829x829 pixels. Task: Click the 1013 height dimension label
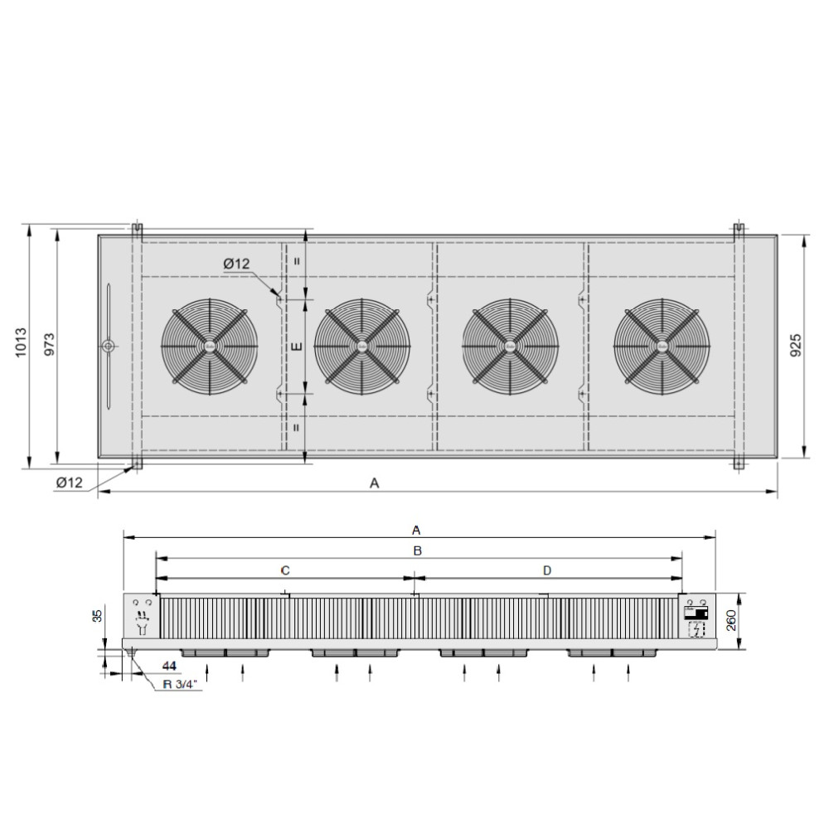tap(21, 342)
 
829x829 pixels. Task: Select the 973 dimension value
tap(49, 344)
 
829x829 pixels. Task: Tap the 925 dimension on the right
tap(795, 345)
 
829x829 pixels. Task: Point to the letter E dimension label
tap(297, 347)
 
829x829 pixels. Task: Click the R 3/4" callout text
tap(179, 684)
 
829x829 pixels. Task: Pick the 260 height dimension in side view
tap(731, 620)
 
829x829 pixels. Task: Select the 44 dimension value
tap(169, 666)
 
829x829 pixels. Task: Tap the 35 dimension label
tap(97, 615)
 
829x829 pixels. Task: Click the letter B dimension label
tap(417, 551)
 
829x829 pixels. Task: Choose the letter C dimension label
tap(285, 570)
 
